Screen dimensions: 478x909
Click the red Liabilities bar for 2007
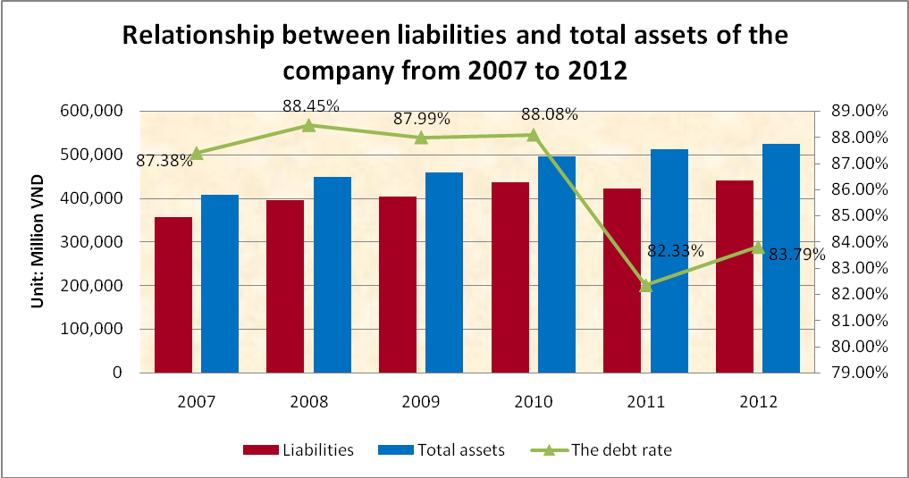pyautogui.click(x=173, y=295)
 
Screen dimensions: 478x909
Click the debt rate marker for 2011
pyautogui.click(x=646, y=286)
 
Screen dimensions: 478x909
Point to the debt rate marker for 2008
pyautogui.click(x=308, y=125)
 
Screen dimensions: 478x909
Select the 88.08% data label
pyautogui.click(x=549, y=114)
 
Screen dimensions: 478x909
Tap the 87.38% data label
pyautogui.click(x=164, y=161)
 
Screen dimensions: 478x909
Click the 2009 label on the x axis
pyautogui.click(x=420, y=402)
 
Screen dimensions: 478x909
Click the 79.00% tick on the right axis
pyautogui.click(x=859, y=373)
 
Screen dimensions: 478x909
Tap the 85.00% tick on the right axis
pyautogui.click(x=859, y=216)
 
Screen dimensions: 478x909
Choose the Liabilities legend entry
pyautogui.click(x=299, y=450)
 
